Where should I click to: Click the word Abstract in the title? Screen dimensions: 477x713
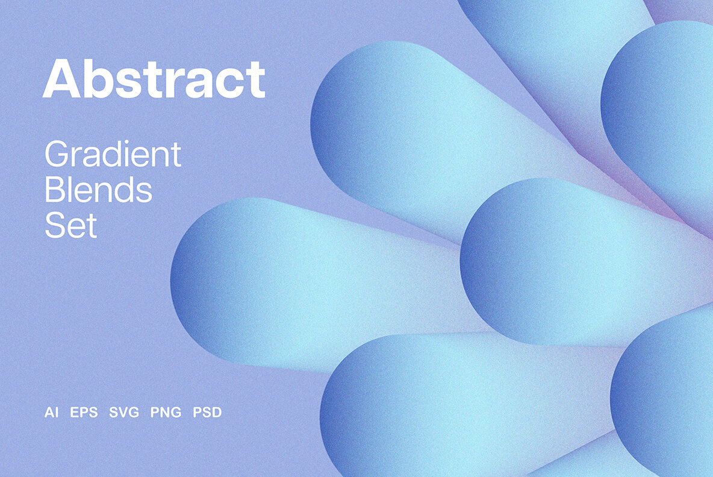point(154,79)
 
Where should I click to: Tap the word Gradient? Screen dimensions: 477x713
point(113,155)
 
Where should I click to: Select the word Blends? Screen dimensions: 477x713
point(98,191)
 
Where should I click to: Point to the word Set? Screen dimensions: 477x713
point(70,226)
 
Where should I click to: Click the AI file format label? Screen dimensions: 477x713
point(51,413)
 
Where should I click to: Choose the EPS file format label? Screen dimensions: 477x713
point(84,413)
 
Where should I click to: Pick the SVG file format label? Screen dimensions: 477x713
point(124,413)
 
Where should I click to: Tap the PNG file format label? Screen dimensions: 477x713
point(166,413)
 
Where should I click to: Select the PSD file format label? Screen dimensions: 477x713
point(207,413)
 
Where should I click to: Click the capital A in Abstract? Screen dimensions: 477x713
point(60,79)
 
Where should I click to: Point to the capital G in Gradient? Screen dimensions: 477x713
point(56,155)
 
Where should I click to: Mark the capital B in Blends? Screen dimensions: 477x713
point(54,191)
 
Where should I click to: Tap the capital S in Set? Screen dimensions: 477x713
point(54,226)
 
